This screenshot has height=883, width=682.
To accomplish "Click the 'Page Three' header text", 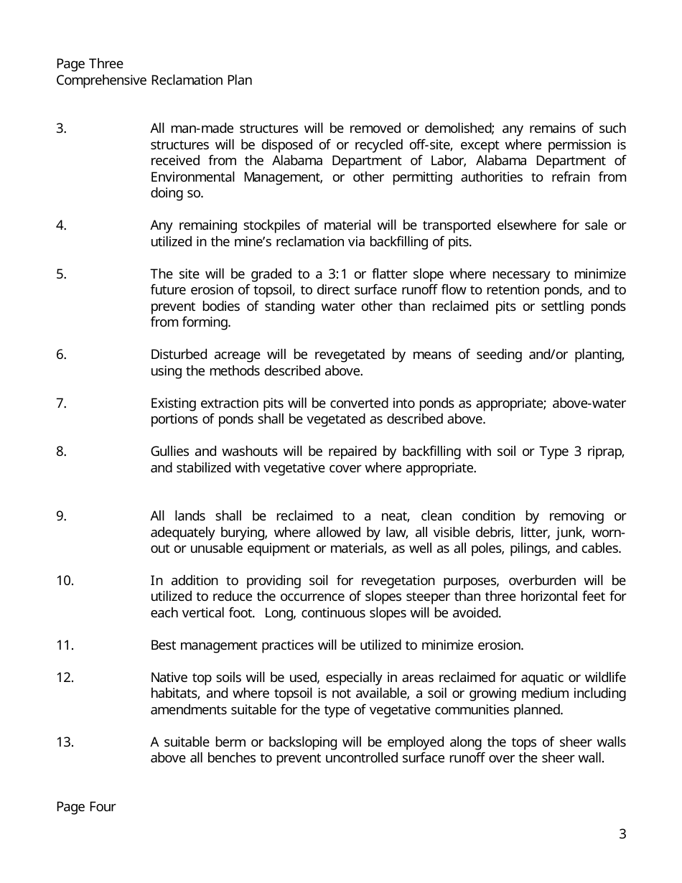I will click(90, 64).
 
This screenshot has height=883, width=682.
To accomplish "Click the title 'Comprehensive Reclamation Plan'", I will click(154, 80).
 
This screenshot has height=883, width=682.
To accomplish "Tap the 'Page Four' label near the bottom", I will click(85, 806).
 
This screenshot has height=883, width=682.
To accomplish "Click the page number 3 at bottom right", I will click(622, 833).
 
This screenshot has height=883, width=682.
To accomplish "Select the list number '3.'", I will click(61, 129).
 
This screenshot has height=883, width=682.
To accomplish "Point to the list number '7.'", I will click(61, 403).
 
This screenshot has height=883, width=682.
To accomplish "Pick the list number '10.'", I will click(65, 580).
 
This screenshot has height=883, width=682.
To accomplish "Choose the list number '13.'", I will click(65, 742).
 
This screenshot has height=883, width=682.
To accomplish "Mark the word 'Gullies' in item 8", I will click(171, 452).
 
